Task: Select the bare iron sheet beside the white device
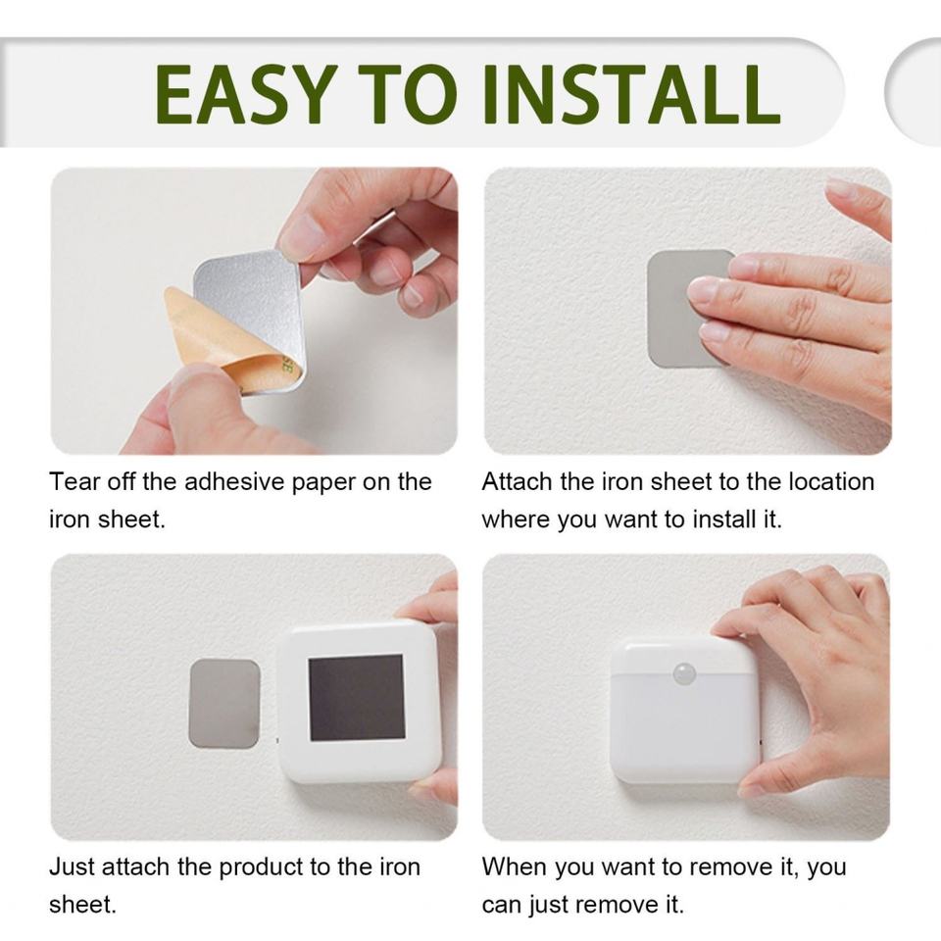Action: pyautogui.click(x=224, y=704)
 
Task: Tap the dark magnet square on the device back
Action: pyautogui.click(x=357, y=697)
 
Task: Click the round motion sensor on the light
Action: pyautogui.click(x=685, y=674)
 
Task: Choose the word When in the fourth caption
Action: pyautogui.click(x=515, y=867)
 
